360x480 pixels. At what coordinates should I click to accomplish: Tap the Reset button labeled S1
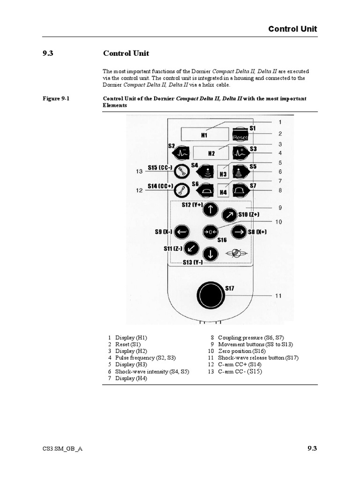[240, 135]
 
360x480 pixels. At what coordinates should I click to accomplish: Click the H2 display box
[211, 153]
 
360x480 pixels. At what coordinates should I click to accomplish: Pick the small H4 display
[223, 190]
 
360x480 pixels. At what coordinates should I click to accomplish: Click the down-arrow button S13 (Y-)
[211, 254]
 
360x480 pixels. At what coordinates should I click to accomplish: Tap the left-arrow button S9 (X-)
[182, 232]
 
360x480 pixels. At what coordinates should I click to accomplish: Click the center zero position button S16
[210, 232]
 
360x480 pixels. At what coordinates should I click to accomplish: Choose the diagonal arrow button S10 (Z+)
[230, 215]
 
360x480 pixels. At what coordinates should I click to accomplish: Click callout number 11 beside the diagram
[278, 296]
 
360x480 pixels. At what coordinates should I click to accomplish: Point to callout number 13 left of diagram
[139, 172]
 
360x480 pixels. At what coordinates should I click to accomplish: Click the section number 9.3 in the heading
[48, 53]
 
